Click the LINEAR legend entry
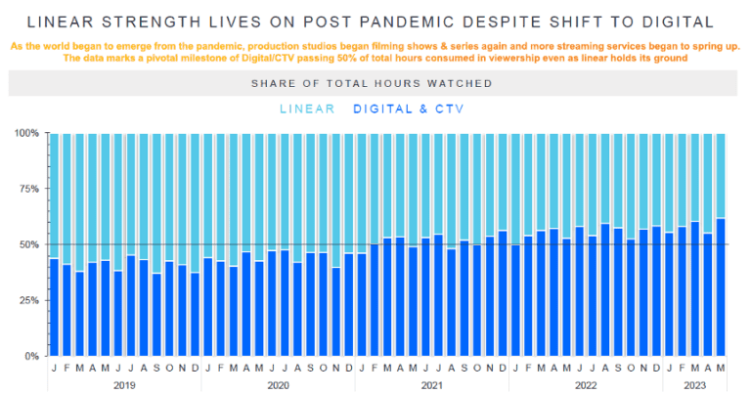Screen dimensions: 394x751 coord(306,109)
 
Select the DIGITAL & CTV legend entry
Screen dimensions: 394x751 coord(408,109)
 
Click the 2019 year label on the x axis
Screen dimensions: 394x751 coord(124,385)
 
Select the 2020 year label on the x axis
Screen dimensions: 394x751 coord(277,385)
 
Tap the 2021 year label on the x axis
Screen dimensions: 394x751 coord(430,385)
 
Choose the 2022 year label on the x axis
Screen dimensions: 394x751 coord(584,385)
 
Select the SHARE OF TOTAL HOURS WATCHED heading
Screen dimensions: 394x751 coord(371,83)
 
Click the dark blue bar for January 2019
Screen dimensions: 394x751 coord(54,307)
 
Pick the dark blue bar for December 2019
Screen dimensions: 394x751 coord(195,314)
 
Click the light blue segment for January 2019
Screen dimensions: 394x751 coord(54,196)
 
